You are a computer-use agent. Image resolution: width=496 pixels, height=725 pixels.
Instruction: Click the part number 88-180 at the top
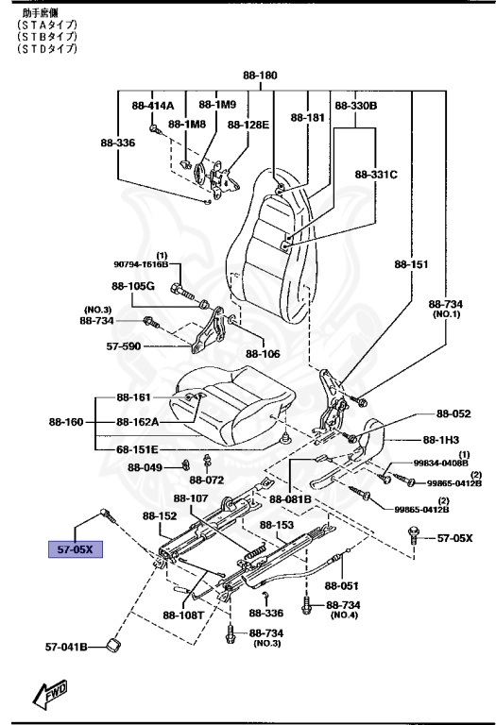tap(260, 75)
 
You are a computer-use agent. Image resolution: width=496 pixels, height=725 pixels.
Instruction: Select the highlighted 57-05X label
tap(75, 548)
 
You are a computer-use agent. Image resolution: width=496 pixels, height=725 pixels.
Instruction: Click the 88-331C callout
tap(376, 175)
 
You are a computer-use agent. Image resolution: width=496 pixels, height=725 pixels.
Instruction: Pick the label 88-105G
tap(132, 286)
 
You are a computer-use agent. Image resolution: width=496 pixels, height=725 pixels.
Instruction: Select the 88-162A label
tap(138, 422)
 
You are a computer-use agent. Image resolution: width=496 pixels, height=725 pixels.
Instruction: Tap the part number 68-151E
tap(138, 449)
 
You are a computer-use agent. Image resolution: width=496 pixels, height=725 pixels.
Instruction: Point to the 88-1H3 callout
tap(440, 440)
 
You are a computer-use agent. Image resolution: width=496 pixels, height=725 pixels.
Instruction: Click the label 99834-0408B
tap(440, 463)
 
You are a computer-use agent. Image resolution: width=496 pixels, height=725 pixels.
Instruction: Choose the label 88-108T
tap(183, 615)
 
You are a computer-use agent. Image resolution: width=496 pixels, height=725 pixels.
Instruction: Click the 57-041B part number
tap(66, 648)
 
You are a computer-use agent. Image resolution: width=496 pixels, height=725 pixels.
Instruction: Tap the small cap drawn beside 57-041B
tap(113, 645)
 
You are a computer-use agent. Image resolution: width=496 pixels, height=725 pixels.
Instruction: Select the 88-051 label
tap(342, 585)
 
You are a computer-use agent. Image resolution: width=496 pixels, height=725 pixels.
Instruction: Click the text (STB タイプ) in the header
tap(47, 36)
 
